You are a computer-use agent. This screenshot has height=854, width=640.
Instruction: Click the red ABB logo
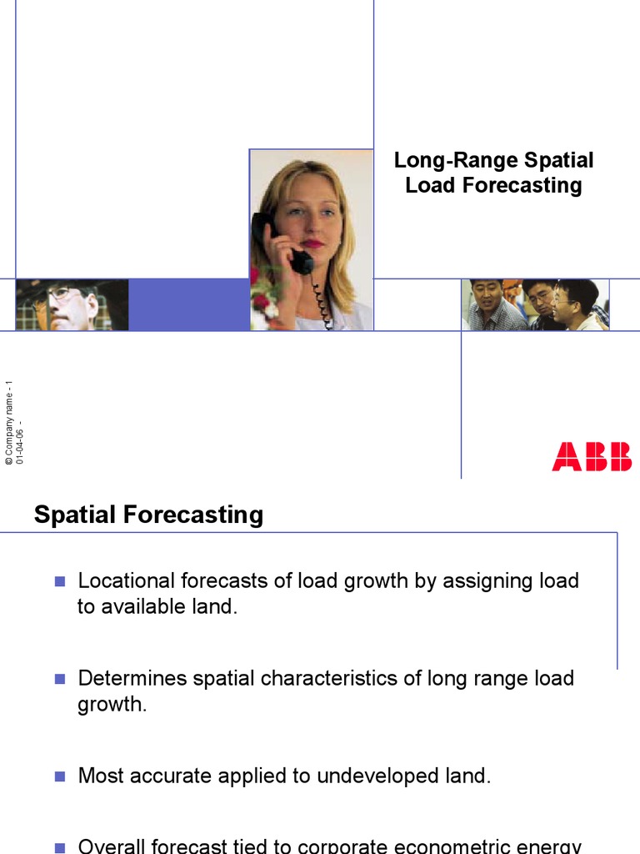click(592, 457)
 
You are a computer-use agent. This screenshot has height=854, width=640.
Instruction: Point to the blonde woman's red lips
click(312, 244)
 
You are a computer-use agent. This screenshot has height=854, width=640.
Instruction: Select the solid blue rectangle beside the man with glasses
click(188, 304)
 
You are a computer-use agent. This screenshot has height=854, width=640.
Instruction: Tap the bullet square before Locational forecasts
click(59, 581)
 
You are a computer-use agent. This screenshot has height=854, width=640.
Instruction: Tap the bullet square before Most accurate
click(59, 776)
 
